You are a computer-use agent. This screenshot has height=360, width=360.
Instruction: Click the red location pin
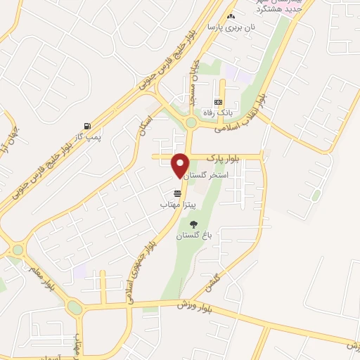(x=180, y=164)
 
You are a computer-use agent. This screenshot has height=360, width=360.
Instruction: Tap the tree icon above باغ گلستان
(x=185, y=224)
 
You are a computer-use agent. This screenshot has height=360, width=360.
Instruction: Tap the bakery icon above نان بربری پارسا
(x=231, y=16)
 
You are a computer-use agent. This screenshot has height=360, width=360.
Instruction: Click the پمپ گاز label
(x=88, y=136)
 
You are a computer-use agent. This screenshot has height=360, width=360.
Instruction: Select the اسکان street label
(x=144, y=121)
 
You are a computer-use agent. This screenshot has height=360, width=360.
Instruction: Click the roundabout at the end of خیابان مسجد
(x=191, y=122)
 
